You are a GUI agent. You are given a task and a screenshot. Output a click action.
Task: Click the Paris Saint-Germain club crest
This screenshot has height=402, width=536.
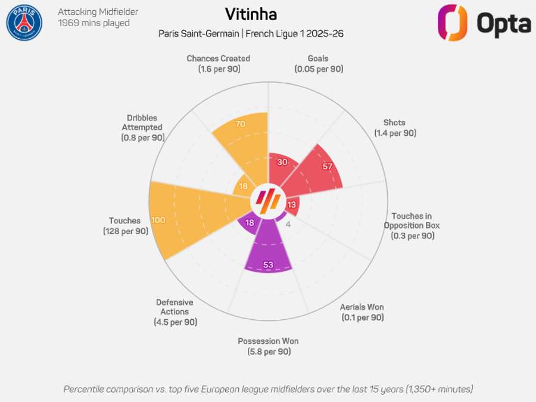click(x=24, y=23)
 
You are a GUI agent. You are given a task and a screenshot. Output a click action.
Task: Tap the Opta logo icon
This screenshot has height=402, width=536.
click(x=453, y=23)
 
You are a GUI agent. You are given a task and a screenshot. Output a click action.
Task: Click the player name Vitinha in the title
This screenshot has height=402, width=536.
click(x=251, y=14)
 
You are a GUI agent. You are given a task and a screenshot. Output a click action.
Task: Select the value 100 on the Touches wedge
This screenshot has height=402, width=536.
click(x=158, y=220)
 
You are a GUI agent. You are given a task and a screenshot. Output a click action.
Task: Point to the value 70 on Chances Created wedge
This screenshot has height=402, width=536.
click(x=241, y=124)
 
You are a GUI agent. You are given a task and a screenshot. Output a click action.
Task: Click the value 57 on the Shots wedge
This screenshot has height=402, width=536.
click(x=327, y=166)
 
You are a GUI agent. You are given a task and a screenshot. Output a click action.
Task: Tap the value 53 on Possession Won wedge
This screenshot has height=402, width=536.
click(x=268, y=264)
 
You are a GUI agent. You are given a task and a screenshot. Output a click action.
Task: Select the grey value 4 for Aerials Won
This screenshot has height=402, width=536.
click(x=288, y=225)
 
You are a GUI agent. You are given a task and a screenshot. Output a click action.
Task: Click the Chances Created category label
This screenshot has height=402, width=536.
click(x=218, y=58)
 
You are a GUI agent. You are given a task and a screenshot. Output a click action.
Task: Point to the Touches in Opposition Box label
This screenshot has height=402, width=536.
click(x=412, y=221)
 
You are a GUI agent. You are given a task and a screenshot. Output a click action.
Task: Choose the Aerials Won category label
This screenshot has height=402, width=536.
click(x=362, y=307)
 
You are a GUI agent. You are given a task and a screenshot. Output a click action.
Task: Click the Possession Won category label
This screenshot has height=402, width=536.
click(x=268, y=341)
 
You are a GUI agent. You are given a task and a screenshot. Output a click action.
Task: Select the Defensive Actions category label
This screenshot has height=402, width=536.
click(x=174, y=307)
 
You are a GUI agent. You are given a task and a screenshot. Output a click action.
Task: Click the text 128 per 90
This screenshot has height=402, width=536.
click(x=125, y=231)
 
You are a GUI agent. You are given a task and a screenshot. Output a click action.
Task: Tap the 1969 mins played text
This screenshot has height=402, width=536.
click(x=94, y=23)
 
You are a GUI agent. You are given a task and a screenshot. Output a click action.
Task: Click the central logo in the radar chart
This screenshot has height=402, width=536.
click(x=268, y=201)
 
